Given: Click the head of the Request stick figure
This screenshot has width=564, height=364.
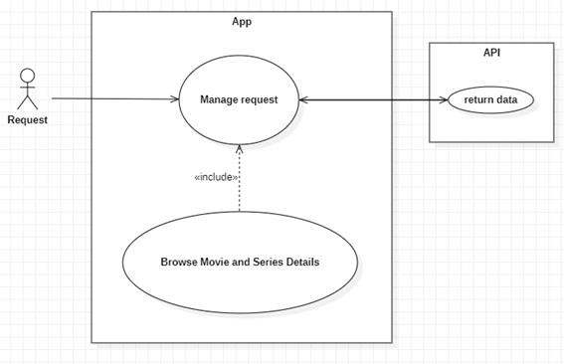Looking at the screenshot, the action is [27, 76].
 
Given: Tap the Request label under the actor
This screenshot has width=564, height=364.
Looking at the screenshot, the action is [27, 119].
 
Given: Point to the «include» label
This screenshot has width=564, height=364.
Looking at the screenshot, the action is [216, 177].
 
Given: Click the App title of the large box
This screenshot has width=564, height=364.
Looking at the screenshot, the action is [242, 22].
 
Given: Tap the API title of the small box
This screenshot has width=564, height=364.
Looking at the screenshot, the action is [491, 53].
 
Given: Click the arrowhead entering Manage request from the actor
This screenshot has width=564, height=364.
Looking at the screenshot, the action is [174, 98].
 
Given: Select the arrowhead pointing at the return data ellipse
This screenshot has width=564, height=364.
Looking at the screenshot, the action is [444, 100].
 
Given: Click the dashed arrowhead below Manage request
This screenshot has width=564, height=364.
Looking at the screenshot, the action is [239, 148].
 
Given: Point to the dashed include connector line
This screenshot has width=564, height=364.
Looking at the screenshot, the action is [239, 178].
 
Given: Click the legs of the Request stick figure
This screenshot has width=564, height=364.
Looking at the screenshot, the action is [27, 102].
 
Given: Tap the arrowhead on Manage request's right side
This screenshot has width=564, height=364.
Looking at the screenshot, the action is [303, 100].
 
